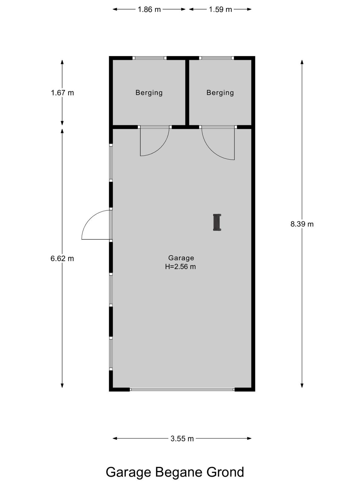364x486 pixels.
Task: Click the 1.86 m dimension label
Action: [x=149, y=9]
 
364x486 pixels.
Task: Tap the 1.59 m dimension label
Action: [x=220, y=9]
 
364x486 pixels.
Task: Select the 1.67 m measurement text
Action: [x=62, y=93]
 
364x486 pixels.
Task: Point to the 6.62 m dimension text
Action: [x=62, y=258]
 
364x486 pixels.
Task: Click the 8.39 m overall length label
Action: [x=302, y=224]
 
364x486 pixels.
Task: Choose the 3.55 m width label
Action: [x=182, y=438]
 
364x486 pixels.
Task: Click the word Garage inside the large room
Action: [x=181, y=258]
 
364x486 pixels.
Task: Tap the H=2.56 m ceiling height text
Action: [x=180, y=267]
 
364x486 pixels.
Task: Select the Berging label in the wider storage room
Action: [x=149, y=93]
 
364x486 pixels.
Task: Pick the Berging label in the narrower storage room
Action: [x=220, y=93]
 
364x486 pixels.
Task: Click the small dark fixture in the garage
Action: [x=217, y=222]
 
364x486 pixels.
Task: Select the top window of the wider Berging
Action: [x=150, y=58]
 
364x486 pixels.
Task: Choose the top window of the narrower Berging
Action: [x=217, y=58]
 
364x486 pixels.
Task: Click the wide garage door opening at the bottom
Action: [x=182, y=389]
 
